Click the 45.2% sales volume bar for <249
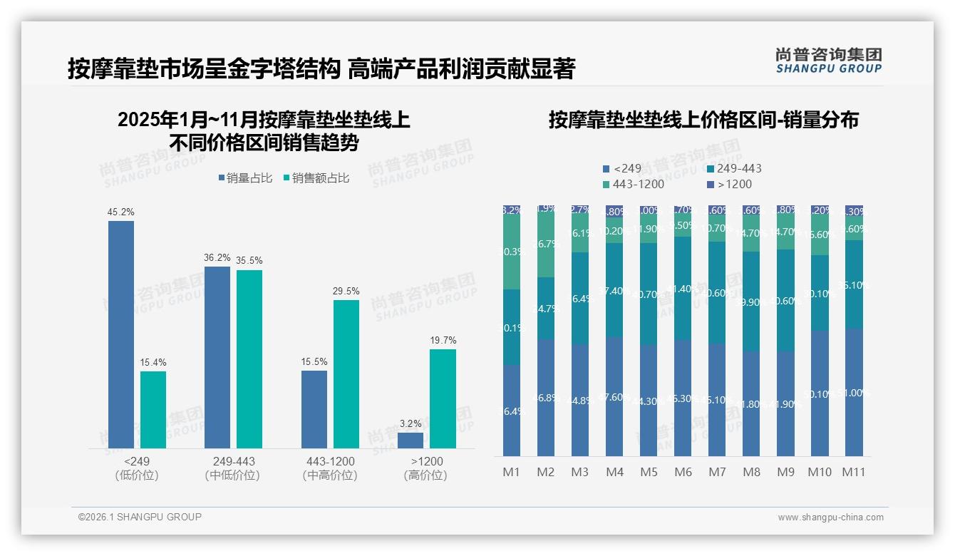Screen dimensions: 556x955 tap(121, 334)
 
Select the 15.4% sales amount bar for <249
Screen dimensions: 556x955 tap(153, 410)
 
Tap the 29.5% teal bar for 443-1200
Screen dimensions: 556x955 tap(346, 374)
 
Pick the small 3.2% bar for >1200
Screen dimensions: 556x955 tap(411, 441)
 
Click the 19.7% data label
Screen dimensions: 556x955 tap(443, 341)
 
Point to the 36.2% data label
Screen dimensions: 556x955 tap(217, 258)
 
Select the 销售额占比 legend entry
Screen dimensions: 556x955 tap(316, 178)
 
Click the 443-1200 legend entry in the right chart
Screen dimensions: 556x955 tap(634, 185)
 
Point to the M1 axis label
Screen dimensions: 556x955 tap(512, 472)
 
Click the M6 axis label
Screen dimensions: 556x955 tap(683, 472)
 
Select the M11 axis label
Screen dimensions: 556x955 tap(854, 472)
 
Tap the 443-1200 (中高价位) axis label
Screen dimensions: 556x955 tap(329, 468)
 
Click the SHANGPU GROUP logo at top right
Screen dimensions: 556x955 tap(828, 60)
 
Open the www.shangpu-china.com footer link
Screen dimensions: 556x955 tap(830, 518)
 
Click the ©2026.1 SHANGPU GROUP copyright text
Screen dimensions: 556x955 tap(140, 517)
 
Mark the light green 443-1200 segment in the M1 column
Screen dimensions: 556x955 tap(512, 252)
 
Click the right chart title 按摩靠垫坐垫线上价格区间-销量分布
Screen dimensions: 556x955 tap(703, 120)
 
